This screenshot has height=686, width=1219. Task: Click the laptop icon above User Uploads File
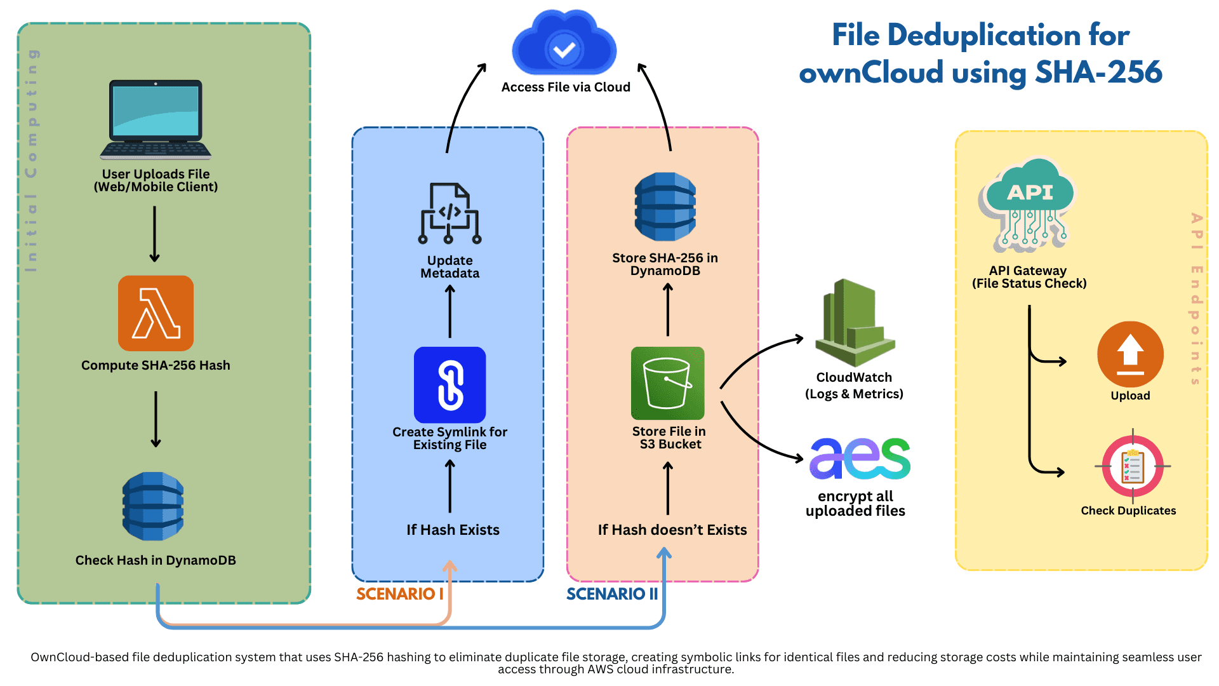click(156, 119)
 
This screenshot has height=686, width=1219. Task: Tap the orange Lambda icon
click(156, 313)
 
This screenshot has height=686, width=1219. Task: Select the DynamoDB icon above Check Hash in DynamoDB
click(153, 506)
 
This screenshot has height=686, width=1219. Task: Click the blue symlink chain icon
click(450, 385)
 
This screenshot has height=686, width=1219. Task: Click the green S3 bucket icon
click(667, 383)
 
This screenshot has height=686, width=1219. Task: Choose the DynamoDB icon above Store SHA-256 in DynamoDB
click(665, 206)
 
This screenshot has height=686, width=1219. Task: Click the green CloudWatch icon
click(855, 323)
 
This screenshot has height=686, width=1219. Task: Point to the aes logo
click(860, 459)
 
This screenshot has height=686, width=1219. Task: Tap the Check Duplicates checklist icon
click(1133, 467)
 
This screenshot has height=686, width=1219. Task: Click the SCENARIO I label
click(399, 594)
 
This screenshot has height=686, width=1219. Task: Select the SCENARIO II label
click(611, 594)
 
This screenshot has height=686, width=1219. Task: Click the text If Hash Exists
click(453, 530)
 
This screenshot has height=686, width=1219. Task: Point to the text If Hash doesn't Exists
click(672, 530)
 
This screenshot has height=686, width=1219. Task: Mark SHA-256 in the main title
click(1098, 72)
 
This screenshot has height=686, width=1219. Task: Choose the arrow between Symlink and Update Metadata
click(450, 311)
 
